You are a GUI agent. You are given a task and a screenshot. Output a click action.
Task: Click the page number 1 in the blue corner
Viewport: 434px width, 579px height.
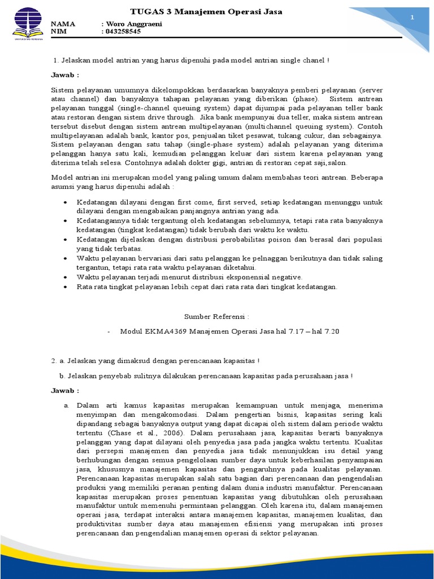coord(412,18)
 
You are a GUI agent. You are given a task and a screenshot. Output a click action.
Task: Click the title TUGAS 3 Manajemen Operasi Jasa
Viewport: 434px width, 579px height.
coord(206,11)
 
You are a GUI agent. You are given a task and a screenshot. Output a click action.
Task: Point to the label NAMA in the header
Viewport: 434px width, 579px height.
coord(63,24)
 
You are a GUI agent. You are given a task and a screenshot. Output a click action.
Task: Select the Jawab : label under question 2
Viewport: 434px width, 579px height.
coord(66,390)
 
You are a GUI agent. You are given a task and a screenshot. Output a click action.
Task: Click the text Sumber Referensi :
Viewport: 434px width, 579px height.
coord(217,318)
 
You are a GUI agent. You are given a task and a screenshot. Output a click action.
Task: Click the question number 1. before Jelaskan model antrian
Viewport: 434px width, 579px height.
coord(55,60)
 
